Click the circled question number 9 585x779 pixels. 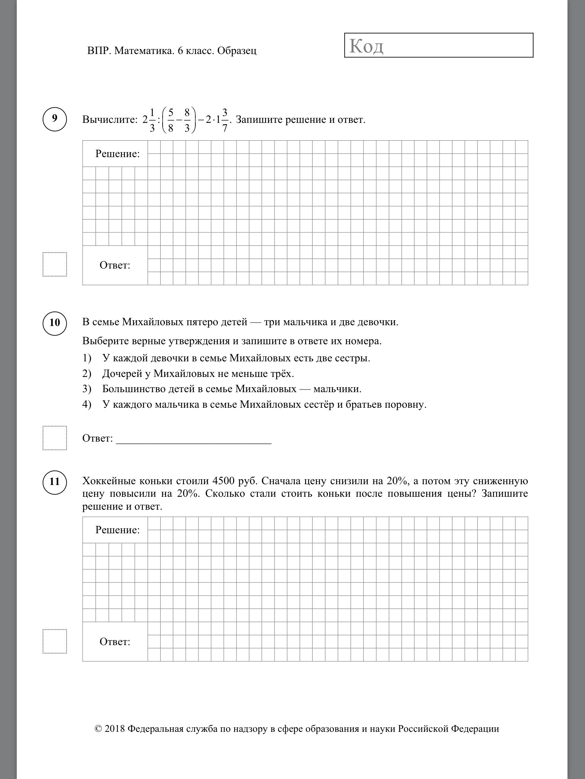pyautogui.click(x=55, y=119)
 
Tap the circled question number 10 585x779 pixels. pyautogui.click(x=55, y=323)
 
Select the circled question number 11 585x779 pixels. pyautogui.click(x=55, y=482)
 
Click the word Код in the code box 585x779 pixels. pyautogui.click(x=366, y=46)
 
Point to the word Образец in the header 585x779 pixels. pyautogui.click(x=237, y=51)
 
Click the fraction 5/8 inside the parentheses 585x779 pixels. pyautogui.click(x=171, y=120)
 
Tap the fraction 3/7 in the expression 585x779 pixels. pyautogui.click(x=225, y=120)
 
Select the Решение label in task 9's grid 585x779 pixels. pyautogui.click(x=117, y=154)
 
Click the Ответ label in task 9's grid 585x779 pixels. pyautogui.click(x=115, y=265)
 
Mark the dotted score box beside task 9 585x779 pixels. pyautogui.click(x=55, y=264)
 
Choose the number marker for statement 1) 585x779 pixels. pyautogui.click(x=87, y=358)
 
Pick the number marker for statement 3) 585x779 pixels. pyautogui.click(x=87, y=389)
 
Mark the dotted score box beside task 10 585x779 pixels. pyautogui.click(x=55, y=438)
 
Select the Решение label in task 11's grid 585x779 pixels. pyautogui.click(x=117, y=530)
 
